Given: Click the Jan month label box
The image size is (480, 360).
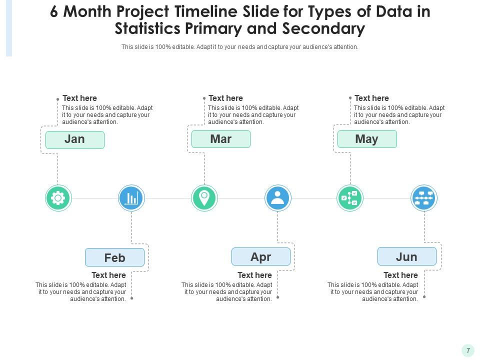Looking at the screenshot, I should pos(74,139).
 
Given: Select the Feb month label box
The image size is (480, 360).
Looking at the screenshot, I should pos(114,257).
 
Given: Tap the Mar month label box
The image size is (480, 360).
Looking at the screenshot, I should pos(220,139).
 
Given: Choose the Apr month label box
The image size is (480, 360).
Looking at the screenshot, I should pos(260,256).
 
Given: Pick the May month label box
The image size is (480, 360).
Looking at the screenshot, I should pos(366,139).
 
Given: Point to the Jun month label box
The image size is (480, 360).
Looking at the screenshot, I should pos(406,256).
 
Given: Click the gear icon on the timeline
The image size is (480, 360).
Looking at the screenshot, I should pos(58,198).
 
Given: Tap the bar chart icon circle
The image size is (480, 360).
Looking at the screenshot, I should pos(131,198).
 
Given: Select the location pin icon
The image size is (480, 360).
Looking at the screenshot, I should pos(204,198).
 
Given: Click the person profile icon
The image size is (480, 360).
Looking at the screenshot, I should pos(277,198).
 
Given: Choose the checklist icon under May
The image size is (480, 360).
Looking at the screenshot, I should pos(350,198).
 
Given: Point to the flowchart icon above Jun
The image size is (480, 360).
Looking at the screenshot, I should pos(424,198).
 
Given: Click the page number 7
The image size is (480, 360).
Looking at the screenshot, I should pos(468,350).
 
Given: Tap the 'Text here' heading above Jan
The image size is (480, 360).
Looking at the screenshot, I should pos(79,98).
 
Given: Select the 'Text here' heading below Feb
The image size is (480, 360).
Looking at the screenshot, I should pos(108,275).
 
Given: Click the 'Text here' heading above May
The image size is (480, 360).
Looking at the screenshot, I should pos(371,98).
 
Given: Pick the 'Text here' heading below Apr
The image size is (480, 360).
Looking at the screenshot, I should pos(254,275).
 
